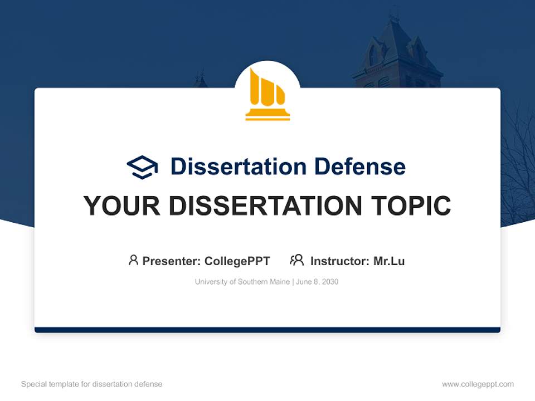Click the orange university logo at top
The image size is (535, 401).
(x=267, y=95)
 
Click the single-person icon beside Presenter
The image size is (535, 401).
(x=133, y=260)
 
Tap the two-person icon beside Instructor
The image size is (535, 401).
(x=296, y=260)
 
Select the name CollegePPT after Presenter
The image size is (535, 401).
(x=237, y=261)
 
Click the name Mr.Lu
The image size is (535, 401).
(x=389, y=261)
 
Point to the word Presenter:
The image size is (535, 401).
(x=172, y=261)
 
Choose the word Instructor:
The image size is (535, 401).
(x=339, y=261)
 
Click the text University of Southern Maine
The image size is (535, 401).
(x=242, y=282)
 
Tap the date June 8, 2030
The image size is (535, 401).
(x=317, y=282)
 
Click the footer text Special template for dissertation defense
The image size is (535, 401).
(x=92, y=384)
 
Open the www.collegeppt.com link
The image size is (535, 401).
(x=478, y=384)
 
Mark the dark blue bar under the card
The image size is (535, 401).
(x=267, y=330)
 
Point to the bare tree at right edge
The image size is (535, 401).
(x=518, y=167)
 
